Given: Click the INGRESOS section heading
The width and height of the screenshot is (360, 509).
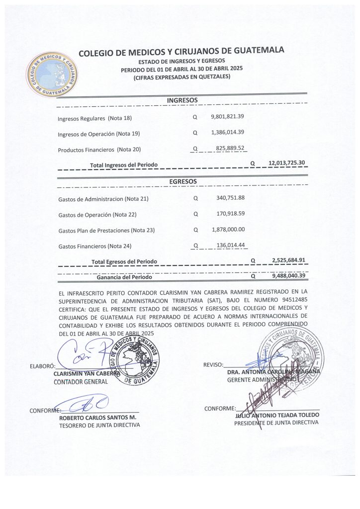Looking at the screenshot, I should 182,100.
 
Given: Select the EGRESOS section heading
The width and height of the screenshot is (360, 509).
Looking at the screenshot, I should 183,181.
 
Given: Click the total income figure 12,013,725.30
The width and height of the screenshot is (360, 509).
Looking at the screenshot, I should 286,163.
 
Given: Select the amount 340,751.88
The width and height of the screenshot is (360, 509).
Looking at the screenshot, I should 230,198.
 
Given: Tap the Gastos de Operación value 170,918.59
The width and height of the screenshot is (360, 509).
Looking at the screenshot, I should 230,214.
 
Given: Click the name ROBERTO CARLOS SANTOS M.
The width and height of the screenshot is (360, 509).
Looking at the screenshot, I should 97,417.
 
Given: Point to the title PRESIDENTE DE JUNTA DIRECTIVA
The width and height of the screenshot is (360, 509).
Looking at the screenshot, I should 276,423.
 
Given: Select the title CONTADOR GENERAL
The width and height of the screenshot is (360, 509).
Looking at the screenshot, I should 81,381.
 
